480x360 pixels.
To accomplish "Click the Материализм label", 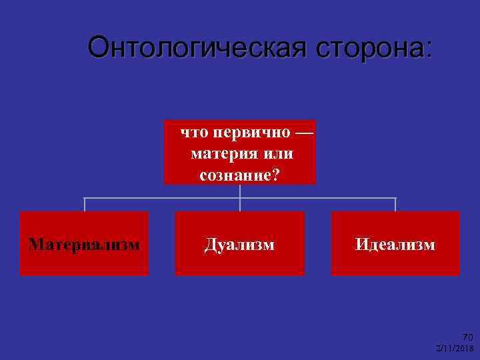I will point(84,245).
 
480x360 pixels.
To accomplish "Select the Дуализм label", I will point(239,245).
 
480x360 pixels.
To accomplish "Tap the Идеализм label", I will point(395,245).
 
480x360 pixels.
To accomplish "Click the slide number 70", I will point(467,337).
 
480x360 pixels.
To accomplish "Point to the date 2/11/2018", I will point(454,349).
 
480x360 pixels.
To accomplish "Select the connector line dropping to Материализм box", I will point(84,205).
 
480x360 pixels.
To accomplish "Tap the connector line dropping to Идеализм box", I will point(395,205).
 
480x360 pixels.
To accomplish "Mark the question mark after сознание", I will point(276,175).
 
